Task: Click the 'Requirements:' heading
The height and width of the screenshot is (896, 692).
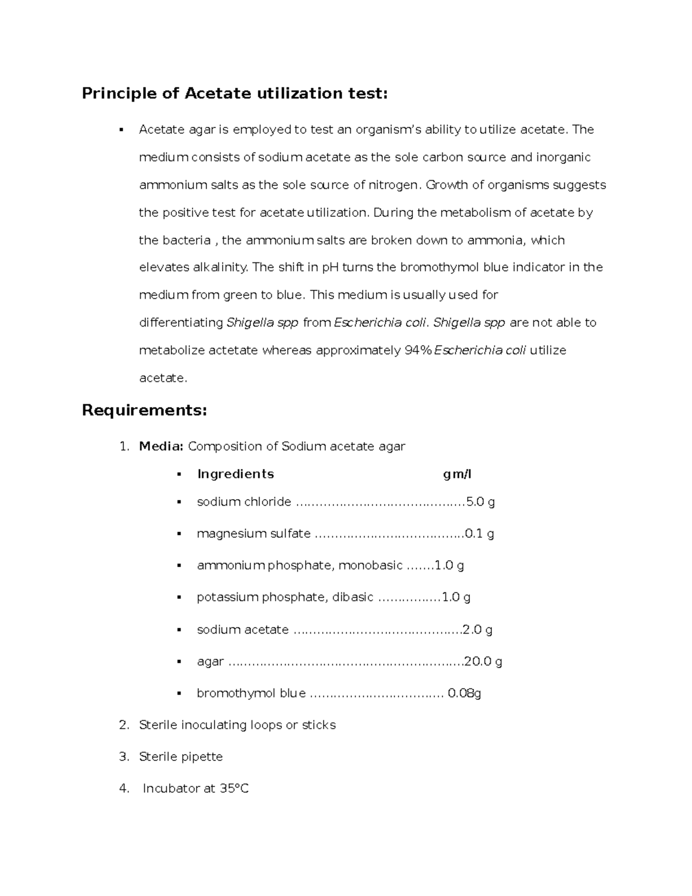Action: pos(144,410)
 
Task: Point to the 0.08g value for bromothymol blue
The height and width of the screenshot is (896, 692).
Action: pos(464,693)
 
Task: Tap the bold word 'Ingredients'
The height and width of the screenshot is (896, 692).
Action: pos(235,474)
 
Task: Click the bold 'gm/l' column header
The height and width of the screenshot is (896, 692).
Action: pos(457,474)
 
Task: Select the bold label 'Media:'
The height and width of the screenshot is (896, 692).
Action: pos(161,446)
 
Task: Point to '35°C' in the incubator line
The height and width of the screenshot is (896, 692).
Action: pos(234,789)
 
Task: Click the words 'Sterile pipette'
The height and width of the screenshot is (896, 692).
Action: pos(180,756)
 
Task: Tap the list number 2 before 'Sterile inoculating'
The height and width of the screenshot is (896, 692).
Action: pos(123,725)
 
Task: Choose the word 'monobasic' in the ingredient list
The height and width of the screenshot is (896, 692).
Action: pos(370,565)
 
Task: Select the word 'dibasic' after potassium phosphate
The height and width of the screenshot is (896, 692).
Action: pos(353,597)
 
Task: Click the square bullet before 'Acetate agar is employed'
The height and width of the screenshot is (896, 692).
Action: pos(121,130)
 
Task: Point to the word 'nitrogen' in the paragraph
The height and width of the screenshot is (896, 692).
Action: pos(394,185)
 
